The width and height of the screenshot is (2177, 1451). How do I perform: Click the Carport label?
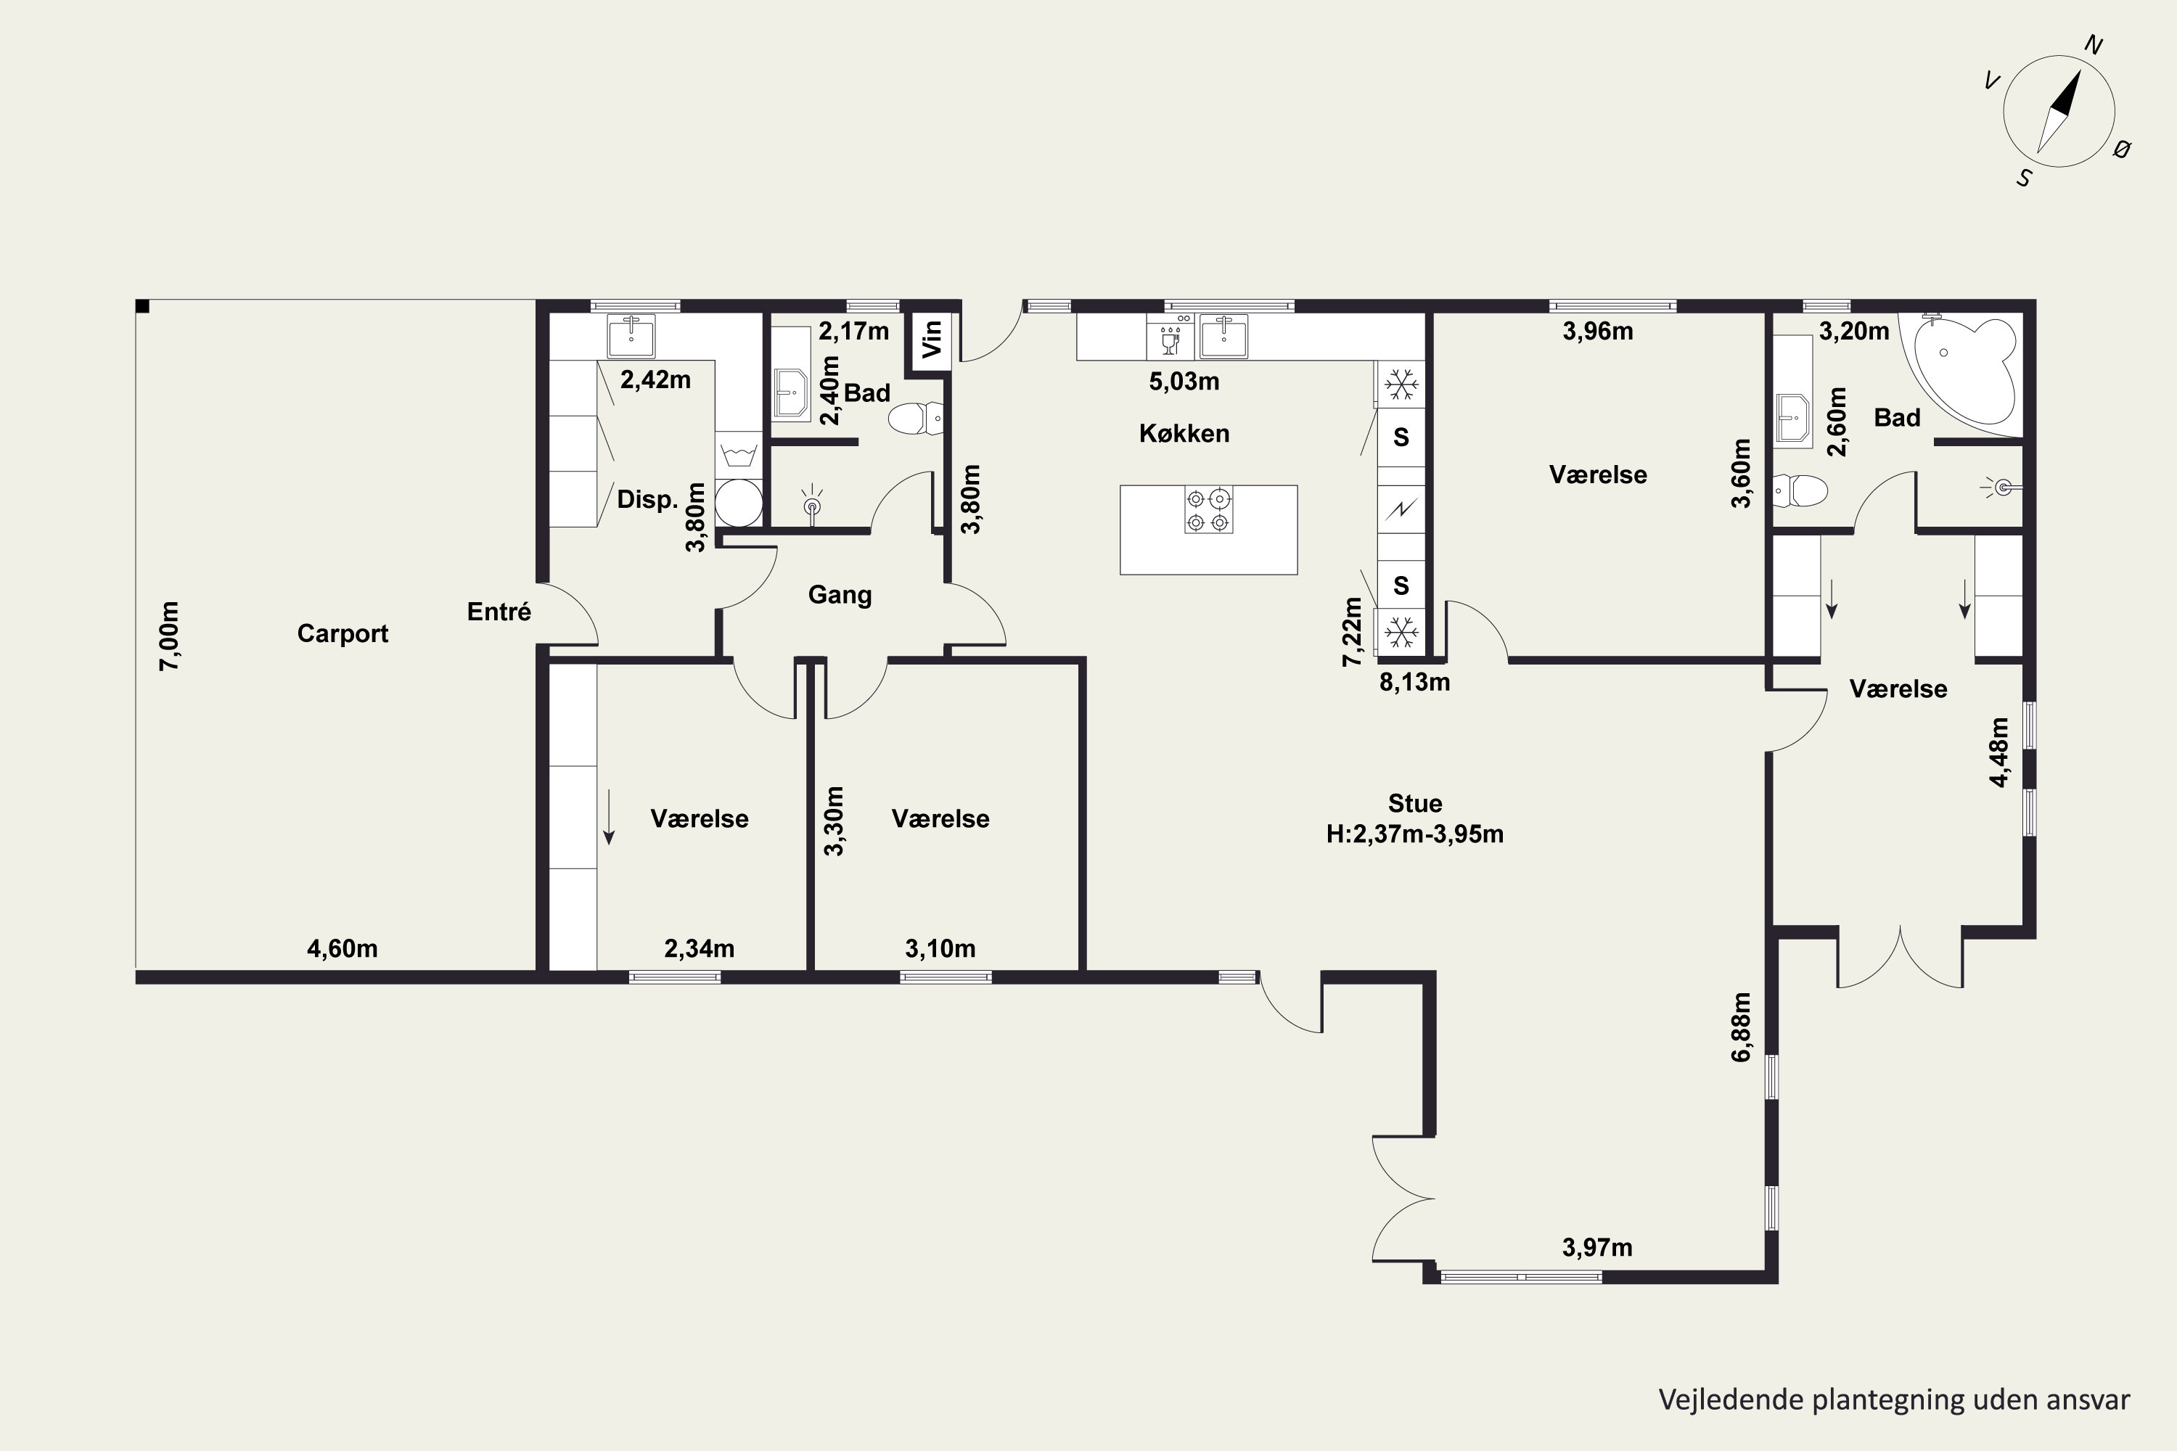(343, 634)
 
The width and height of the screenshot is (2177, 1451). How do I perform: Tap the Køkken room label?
(1184, 433)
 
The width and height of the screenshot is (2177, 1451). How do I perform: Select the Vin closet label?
(932, 339)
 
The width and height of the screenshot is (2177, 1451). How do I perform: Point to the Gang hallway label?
(840, 595)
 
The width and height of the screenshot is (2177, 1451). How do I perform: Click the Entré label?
(499, 612)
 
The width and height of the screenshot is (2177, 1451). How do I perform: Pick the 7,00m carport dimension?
(169, 636)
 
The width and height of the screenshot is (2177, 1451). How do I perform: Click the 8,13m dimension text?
(1414, 683)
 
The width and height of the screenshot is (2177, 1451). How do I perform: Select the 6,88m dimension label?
(1741, 1027)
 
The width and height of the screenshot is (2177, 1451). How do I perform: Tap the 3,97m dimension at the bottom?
(1598, 1247)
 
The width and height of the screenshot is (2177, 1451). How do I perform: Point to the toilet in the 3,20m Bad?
(1800, 490)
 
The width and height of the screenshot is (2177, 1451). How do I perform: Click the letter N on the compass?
(2094, 45)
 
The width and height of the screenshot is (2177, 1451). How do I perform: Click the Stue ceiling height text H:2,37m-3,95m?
(1414, 835)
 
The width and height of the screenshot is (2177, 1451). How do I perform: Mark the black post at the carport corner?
(142, 306)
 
